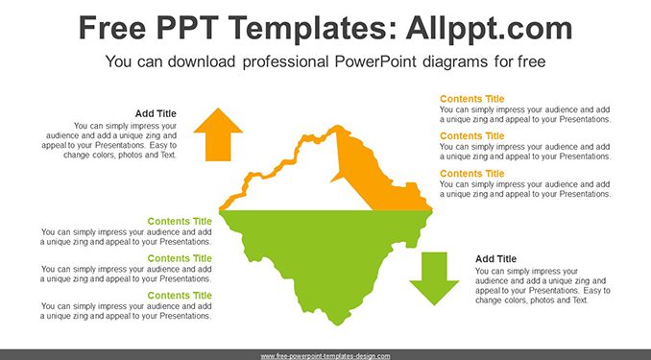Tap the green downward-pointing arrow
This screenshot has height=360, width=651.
(434, 278)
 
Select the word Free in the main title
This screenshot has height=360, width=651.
(112, 28)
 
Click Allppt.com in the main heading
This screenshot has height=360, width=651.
(489, 29)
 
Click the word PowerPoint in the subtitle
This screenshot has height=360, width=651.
(375, 61)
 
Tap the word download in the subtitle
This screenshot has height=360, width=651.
(202, 61)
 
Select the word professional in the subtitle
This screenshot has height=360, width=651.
(285, 62)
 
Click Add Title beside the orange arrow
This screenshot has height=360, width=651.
(156, 113)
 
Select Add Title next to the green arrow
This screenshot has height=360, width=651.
(495, 258)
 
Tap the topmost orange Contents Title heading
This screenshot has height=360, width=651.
(472, 99)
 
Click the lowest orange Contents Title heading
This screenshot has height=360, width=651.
(472, 173)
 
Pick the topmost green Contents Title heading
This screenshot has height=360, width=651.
(180, 222)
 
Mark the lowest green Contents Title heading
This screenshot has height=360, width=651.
(180, 296)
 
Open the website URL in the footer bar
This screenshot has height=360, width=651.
(325, 356)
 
